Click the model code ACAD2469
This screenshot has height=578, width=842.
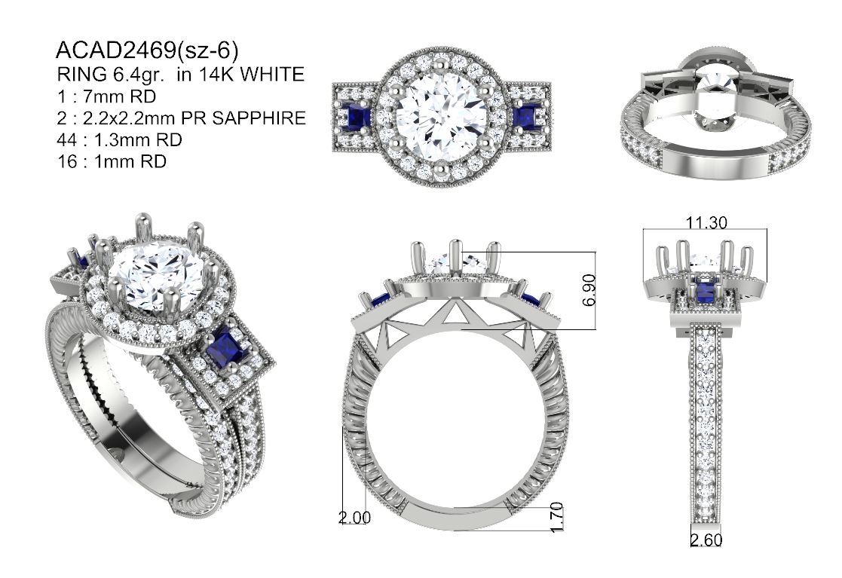(x=116, y=50)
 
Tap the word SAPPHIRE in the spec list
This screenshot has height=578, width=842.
(x=259, y=118)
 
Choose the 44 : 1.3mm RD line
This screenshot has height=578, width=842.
(x=119, y=140)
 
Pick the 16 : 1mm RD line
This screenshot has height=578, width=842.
(x=112, y=161)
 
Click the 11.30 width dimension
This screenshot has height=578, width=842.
(x=706, y=222)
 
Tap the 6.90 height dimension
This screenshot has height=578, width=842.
(x=589, y=290)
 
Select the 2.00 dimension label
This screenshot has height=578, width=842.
(x=354, y=518)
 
